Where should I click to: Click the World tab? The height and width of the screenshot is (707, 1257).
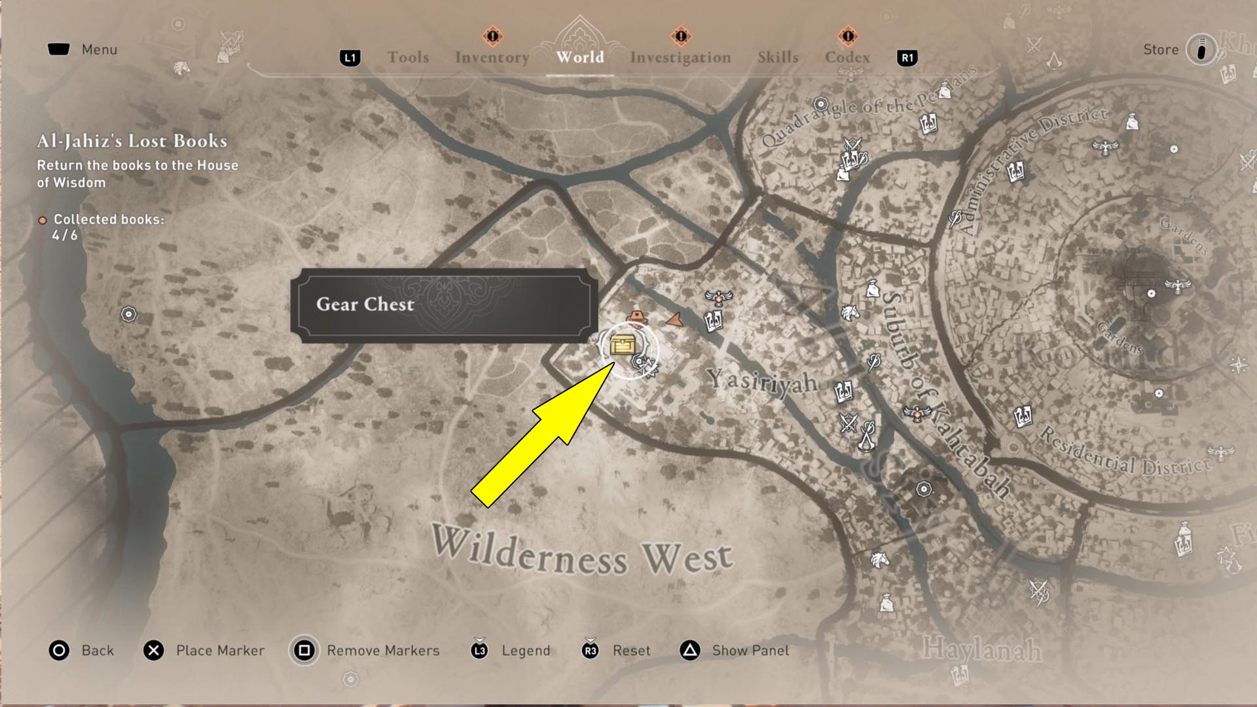click(580, 58)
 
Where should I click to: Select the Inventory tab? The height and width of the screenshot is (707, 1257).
click(492, 58)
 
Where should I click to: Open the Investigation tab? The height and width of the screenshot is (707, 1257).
click(680, 58)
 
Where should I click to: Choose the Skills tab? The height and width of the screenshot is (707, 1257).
click(778, 58)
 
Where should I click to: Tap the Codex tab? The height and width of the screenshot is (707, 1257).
click(847, 58)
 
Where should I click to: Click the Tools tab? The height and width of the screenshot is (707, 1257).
click(408, 58)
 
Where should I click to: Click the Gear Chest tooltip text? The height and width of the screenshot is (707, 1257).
click(365, 304)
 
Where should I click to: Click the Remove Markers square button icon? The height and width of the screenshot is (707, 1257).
click(304, 651)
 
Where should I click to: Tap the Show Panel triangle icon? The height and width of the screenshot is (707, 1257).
click(689, 651)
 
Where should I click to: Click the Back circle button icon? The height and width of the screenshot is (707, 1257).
click(59, 651)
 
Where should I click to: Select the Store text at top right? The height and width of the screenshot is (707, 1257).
click(1160, 50)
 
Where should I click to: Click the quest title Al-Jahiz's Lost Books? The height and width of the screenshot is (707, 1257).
click(132, 141)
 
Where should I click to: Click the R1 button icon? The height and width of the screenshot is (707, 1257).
click(907, 58)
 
